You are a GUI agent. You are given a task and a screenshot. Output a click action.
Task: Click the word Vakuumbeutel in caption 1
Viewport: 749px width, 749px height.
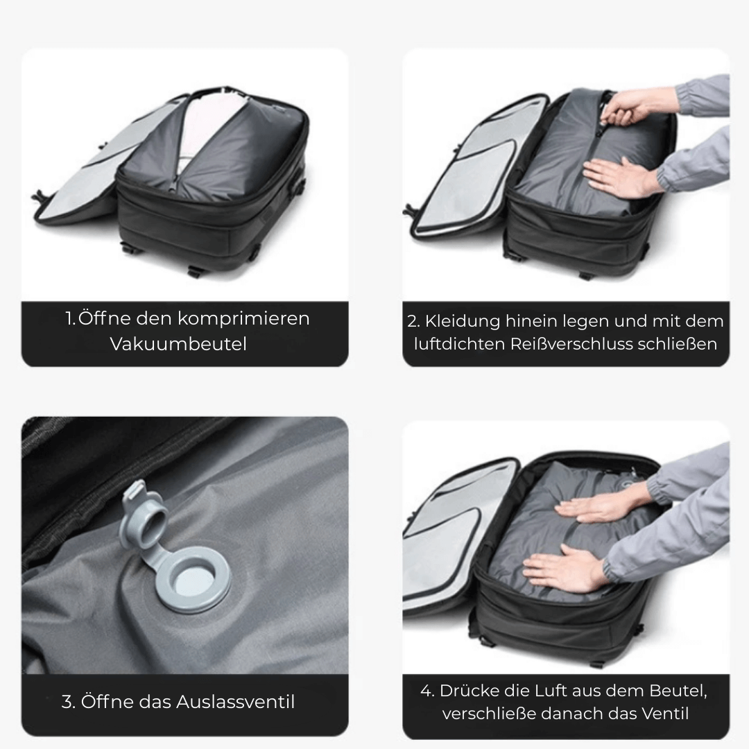tap(178, 344)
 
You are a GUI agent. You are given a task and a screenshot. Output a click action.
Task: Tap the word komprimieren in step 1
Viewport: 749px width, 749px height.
tap(243, 319)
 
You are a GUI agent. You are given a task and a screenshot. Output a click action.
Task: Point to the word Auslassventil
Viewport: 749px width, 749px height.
tap(236, 702)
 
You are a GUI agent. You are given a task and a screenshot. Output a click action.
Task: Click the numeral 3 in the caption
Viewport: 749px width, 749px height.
tap(68, 702)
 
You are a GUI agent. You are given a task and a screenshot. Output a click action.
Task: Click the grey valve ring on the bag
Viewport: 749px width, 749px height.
tap(193, 579)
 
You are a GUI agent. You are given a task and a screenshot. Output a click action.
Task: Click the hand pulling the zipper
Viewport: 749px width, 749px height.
tap(630, 107)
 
